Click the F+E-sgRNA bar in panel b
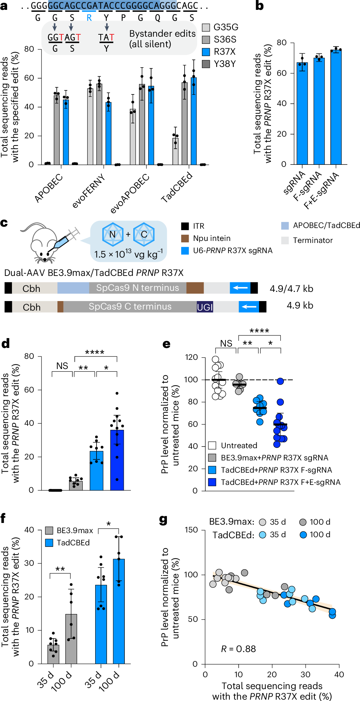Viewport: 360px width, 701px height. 336,109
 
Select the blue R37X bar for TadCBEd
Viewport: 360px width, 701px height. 193,122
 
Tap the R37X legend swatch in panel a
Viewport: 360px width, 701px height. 206,52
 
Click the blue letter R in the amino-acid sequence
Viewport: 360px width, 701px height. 89,18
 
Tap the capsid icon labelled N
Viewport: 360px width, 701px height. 113,234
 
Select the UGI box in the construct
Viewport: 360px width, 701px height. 205,307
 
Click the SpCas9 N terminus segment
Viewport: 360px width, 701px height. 137,288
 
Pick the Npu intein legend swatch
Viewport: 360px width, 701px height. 185,238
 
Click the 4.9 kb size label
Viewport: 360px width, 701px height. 300,305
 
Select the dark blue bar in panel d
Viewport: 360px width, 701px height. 117,460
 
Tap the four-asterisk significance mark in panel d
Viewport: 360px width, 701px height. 95,352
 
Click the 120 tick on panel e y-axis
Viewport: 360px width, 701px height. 192,357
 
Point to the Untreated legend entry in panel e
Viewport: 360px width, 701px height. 239,445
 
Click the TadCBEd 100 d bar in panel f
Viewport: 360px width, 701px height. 119,612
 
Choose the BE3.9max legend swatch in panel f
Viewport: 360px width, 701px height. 49,530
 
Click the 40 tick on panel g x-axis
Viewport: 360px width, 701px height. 339,674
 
